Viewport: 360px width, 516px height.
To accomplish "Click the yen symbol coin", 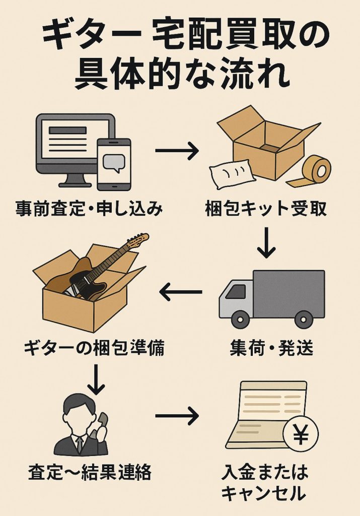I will click(301, 435).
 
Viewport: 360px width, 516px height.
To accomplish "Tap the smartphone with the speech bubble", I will click(113, 163).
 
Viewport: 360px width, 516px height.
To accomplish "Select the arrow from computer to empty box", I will click(177, 151).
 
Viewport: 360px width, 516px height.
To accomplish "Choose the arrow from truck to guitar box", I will click(180, 292).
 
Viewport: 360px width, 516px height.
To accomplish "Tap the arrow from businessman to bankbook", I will click(177, 416).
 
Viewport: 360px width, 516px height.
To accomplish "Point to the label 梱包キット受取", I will click(266, 208).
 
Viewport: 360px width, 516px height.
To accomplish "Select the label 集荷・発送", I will click(271, 348).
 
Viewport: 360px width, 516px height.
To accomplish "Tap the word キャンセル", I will click(263, 493).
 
